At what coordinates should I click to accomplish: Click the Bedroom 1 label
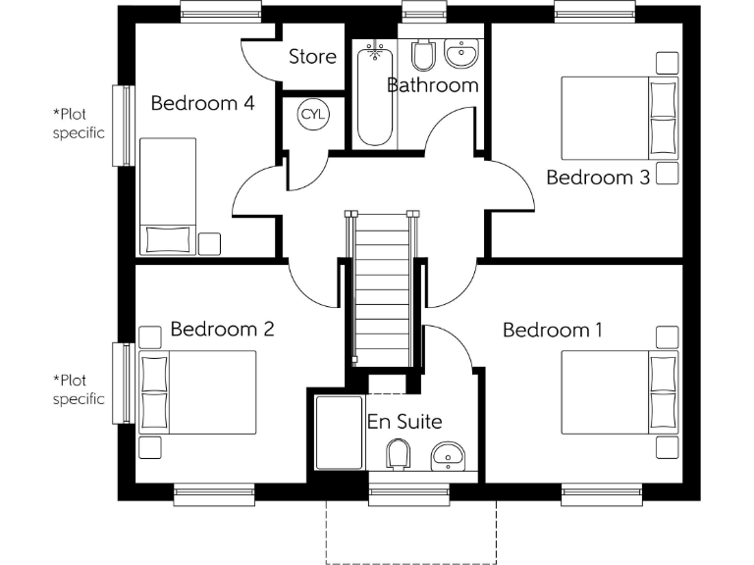click(552, 330)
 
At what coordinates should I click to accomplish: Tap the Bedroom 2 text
click(222, 329)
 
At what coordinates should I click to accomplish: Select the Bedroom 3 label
click(598, 178)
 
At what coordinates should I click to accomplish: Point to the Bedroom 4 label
click(202, 103)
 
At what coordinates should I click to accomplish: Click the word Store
click(312, 57)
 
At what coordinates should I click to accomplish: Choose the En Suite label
click(404, 422)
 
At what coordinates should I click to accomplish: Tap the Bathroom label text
click(433, 85)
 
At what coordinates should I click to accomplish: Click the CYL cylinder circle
click(313, 115)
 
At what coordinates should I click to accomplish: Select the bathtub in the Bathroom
click(374, 93)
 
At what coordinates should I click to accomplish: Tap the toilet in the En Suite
click(398, 454)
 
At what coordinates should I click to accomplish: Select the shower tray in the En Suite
click(337, 435)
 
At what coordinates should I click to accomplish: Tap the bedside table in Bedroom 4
click(210, 242)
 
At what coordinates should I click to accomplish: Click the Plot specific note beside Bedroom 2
click(79, 389)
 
